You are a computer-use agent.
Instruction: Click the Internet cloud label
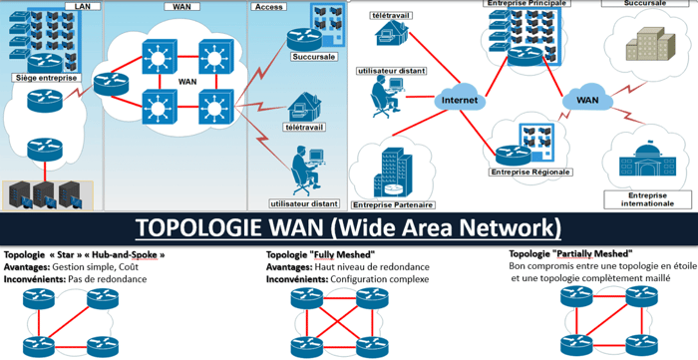tap(460, 101)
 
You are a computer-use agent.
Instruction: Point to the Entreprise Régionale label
tap(528, 172)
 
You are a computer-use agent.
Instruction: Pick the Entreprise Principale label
tap(521, 4)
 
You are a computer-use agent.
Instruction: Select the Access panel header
tap(269, 5)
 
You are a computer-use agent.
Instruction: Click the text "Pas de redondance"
tap(108, 279)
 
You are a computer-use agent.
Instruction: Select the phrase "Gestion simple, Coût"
tap(98, 267)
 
